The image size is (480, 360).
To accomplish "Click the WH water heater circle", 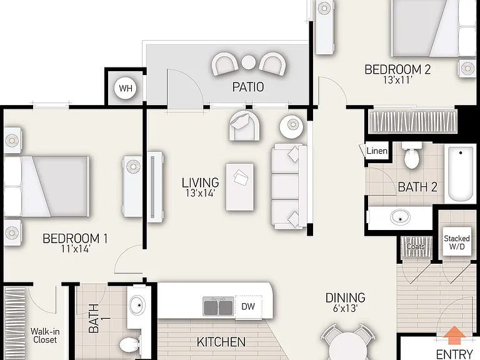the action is click(x=126, y=88).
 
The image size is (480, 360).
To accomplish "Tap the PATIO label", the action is click(x=248, y=87).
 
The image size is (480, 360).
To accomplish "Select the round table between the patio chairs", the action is click(x=249, y=62).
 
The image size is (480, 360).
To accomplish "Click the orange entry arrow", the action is click(x=454, y=335).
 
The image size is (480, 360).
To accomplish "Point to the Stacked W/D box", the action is click(x=457, y=242).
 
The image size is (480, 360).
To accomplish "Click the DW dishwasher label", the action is click(x=248, y=306).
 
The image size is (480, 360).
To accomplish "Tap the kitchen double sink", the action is click(x=218, y=306).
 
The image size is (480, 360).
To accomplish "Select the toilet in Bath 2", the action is click(x=412, y=155).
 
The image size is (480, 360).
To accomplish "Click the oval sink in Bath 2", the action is click(x=401, y=217).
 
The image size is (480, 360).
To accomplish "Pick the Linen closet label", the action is click(x=377, y=151).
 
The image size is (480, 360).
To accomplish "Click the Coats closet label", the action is click(x=416, y=246).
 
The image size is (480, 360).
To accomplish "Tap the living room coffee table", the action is click(x=240, y=187).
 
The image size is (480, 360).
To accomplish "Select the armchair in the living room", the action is click(x=245, y=126).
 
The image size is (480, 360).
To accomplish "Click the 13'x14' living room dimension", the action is click(x=200, y=193).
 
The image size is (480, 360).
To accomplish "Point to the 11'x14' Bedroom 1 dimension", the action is click(x=75, y=249).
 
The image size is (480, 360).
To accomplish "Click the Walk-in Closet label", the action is click(x=45, y=336).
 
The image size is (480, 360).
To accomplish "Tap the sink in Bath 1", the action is click(x=137, y=305).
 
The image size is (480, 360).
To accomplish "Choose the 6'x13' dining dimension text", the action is click(x=345, y=308).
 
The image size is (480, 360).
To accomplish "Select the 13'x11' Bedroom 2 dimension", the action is click(x=397, y=80).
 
